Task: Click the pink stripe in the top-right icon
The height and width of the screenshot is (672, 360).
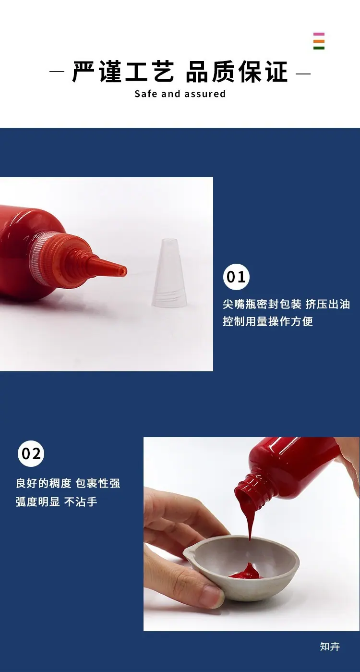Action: pyautogui.click(x=319, y=34)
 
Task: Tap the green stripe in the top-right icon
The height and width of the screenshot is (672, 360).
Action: pyautogui.click(x=319, y=48)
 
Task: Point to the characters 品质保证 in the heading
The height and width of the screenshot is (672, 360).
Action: pyautogui.click(x=237, y=72)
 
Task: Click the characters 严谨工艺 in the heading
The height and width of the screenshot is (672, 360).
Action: pyautogui.click(x=123, y=72)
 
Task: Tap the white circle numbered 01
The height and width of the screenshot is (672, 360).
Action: pyautogui.click(x=236, y=277)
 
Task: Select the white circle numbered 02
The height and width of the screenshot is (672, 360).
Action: pyautogui.click(x=31, y=453)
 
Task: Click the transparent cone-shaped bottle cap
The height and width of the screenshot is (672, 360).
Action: pyautogui.click(x=169, y=272)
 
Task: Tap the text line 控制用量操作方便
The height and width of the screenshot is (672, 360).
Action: pyautogui.click(x=268, y=321)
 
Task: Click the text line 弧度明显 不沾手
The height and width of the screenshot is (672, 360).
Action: pyautogui.click(x=56, y=501)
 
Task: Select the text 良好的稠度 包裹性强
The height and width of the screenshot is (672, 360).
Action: pyautogui.click(x=68, y=483)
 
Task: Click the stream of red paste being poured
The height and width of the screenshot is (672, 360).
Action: pyautogui.click(x=250, y=521)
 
